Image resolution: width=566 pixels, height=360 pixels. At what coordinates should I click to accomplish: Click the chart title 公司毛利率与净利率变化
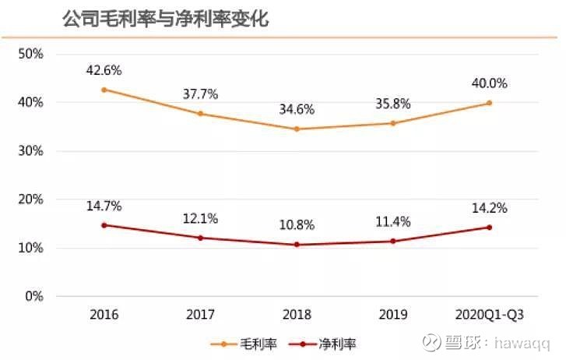point(165,18)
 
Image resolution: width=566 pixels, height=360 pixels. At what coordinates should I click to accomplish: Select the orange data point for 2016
point(104,90)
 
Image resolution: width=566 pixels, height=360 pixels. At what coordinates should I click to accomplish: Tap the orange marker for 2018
point(297,129)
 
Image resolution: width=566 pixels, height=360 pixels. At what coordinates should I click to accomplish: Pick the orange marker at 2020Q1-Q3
point(489,103)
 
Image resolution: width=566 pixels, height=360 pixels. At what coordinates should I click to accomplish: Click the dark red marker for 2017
point(201,238)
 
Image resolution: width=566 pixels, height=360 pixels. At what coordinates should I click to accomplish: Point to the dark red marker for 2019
point(393,241)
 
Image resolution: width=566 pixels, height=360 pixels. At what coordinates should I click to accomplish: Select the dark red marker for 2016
point(104,225)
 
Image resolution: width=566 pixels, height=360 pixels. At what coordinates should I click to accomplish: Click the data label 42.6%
point(104,69)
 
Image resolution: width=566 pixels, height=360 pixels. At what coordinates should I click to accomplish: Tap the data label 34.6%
point(297,108)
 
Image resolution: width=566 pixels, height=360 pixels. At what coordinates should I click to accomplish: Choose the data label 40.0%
point(489,83)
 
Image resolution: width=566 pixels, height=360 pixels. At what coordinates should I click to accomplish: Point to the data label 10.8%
point(297,225)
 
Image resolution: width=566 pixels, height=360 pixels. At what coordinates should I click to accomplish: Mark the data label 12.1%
point(201,218)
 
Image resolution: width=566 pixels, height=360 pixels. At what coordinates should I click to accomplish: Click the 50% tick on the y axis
point(30,54)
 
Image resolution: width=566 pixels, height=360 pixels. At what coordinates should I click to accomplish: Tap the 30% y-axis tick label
point(30,151)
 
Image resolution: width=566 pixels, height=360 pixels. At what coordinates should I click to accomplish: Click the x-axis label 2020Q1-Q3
point(489,316)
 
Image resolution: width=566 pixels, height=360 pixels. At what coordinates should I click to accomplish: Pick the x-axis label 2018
point(297,316)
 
